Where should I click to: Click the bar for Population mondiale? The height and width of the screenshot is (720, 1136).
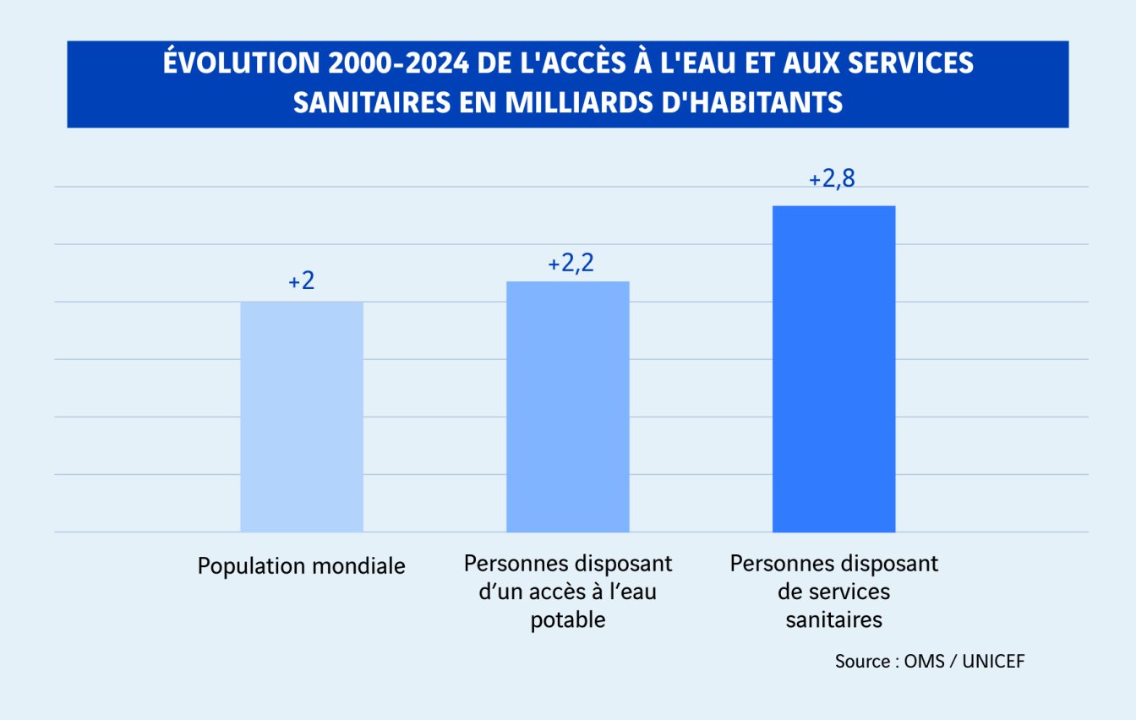click(x=302, y=417)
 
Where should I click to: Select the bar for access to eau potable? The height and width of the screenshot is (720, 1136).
click(x=567, y=406)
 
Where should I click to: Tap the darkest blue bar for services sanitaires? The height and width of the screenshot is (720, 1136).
click(x=833, y=368)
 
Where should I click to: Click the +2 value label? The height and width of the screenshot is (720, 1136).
click(x=302, y=281)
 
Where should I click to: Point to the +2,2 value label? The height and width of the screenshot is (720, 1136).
click(x=571, y=263)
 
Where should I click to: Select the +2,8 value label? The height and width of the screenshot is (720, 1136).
click(x=832, y=180)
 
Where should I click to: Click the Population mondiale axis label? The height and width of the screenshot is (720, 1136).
click(x=302, y=565)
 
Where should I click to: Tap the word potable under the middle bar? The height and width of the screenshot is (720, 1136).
click(x=568, y=619)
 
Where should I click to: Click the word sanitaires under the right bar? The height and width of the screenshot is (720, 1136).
click(x=833, y=619)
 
